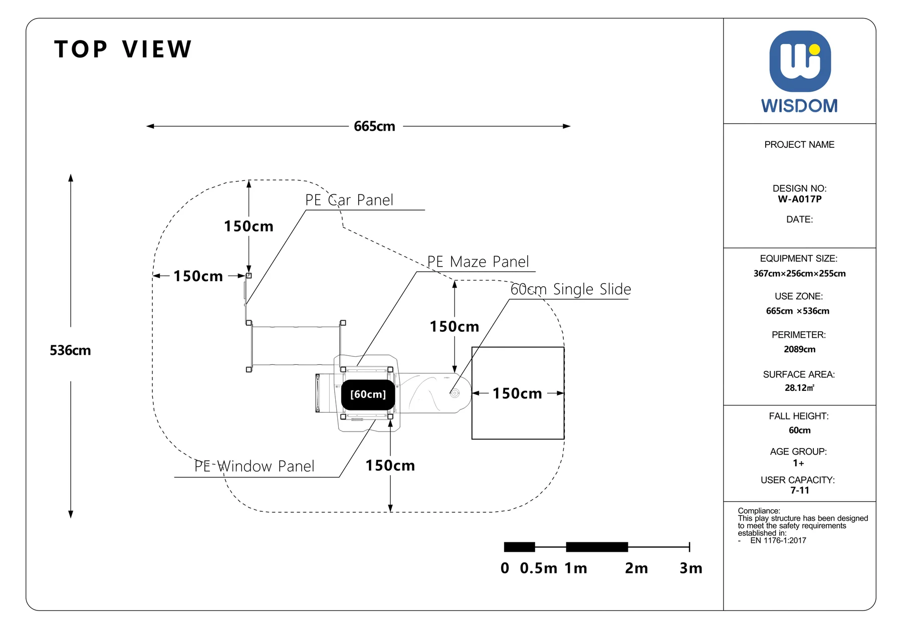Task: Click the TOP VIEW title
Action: point(123,49)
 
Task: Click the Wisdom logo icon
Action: point(800,61)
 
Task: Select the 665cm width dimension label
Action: point(374,126)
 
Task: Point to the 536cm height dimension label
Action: point(70,350)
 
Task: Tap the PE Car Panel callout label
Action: point(349,200)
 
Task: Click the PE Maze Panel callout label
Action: point(478,262)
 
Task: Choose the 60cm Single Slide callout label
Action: point(571,289)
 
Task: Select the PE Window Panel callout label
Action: point(254,466)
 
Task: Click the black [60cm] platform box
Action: point(368,394)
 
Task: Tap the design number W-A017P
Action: point(800,199)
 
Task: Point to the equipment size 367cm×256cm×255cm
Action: point(800,274)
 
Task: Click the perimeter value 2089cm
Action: point(800,349)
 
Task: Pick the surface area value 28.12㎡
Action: point(800,388)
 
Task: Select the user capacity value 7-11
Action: point(800,490)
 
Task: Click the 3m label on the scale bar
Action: point(691,568)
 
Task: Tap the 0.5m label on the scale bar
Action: point(539,568)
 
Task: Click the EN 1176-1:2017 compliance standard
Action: point(778,540)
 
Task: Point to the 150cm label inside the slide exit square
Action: point(517,393)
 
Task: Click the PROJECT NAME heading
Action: point(800,145)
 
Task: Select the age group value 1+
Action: point(799,463)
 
